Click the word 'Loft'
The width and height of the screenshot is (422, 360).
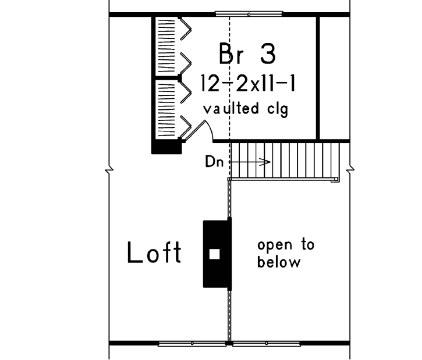pyautogui.click(x=154, y=253)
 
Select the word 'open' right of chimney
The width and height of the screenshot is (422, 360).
pyautogui.click(x=286, y=245)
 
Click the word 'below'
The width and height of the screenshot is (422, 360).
pyautogui.click(x=279, y=262)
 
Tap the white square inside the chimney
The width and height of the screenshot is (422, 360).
pyautogui.click(x=214, y=254)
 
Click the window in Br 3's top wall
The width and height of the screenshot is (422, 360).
pyautogui.click(x=249, y=13)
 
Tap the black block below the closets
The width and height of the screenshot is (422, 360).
pyautogui.click(x=166, y=148)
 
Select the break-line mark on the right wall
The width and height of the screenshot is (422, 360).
pyautogui.click(x=350, y=170)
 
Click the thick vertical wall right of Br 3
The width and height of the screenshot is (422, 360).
pyautogui.click(x=318, y=77)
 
